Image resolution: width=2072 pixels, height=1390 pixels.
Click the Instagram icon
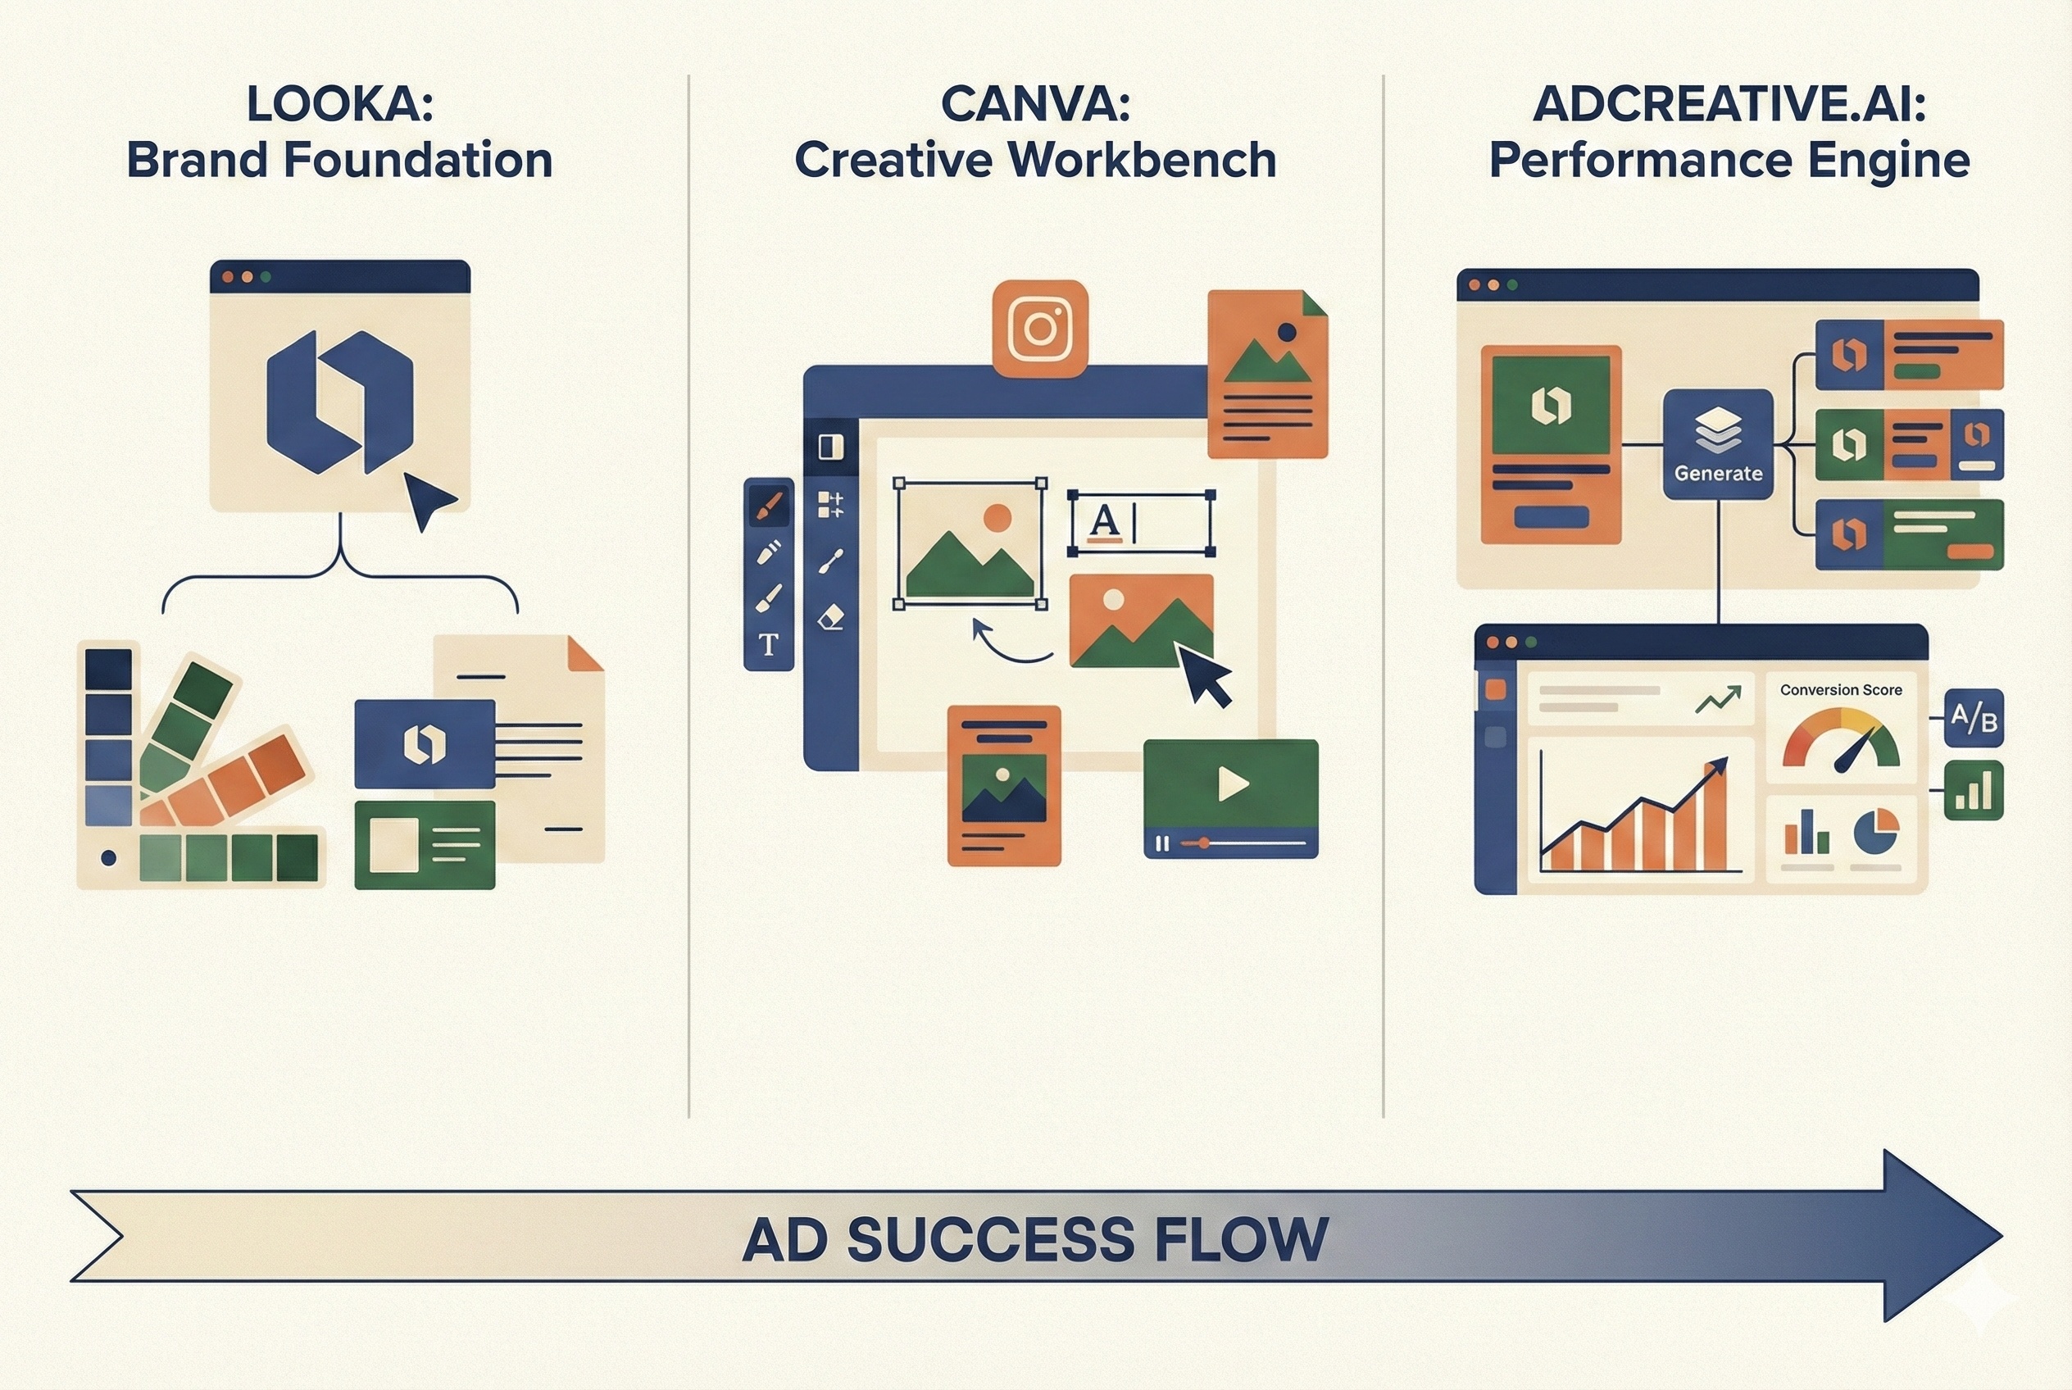pyautogui.click(x=1039, y=328)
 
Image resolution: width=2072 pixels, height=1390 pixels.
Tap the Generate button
pyautogui.click(x=1717, y=443)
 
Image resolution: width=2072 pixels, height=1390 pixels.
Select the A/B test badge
pyautogui.click(x=1974, y=717)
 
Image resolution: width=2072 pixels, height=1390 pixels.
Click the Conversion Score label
pyautogui.click(x=1841, y=690)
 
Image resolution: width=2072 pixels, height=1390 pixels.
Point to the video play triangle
pyautogui.click(x=1233, y=784)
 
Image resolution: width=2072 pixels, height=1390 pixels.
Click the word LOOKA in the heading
pyautogui.click(x=339, y=104)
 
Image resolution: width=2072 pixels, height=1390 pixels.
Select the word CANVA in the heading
pyautogui.click(x=1034, y=104)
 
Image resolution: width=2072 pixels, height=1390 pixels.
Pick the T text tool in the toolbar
pyautogui.click(x=769, y=644)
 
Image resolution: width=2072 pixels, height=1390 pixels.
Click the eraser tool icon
pyautogui.click(x=831, y=617)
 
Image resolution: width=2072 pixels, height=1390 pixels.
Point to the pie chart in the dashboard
pyautogui.click(x=1876, y=830)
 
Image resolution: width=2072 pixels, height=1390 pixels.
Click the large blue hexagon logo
pyautogui.click(x=339, y=402)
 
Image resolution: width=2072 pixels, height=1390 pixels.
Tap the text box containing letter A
pyautogui.click(x=1141, y=523)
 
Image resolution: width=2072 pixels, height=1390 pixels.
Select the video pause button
pyautogui.click(x=1161, y=843)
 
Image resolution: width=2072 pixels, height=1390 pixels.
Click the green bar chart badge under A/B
pyautogui.click(x=1974, y=790)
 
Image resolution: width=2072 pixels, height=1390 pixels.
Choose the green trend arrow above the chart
pyautogui.click(x=1717, y=699)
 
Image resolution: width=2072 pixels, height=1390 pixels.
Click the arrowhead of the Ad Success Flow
pyautogui.click(x=1942, y=1236)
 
